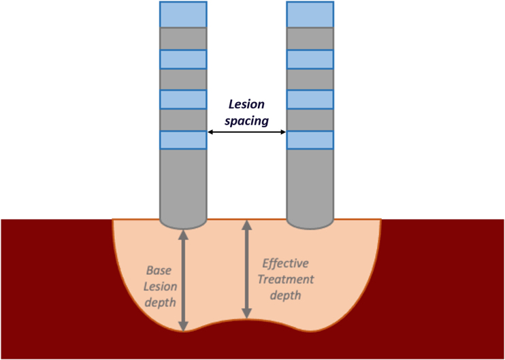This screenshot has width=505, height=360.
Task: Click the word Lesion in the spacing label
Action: [246, 105]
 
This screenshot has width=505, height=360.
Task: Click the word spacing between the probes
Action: [246, 121]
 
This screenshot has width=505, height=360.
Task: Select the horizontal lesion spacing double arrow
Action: [246, 132]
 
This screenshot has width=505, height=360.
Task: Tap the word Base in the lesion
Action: [159, 270]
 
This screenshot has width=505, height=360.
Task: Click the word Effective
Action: [285, 263]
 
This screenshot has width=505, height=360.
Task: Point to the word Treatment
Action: [286, 279]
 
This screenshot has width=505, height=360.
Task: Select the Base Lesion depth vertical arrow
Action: [183, 280]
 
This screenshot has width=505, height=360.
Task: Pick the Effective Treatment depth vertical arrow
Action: [246, 269]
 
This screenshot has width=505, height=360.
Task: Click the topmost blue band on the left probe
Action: [183, 14]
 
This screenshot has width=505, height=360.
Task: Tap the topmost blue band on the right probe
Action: [310, 14]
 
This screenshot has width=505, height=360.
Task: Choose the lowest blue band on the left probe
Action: [183, 140]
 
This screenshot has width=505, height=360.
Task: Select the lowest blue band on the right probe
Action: [310, 140]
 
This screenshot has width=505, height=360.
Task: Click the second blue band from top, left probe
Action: [183, 60]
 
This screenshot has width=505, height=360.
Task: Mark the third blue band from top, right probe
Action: [310, 100]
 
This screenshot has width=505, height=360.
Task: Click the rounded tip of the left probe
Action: [183, 224]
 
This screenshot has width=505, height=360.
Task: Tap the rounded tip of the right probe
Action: [310, 224]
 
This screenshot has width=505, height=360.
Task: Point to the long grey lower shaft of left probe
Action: [183, 185]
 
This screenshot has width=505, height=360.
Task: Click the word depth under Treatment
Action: [286, 295]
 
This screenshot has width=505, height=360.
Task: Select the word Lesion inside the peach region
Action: [160, 287]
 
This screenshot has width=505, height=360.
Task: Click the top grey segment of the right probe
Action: [310, 39]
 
